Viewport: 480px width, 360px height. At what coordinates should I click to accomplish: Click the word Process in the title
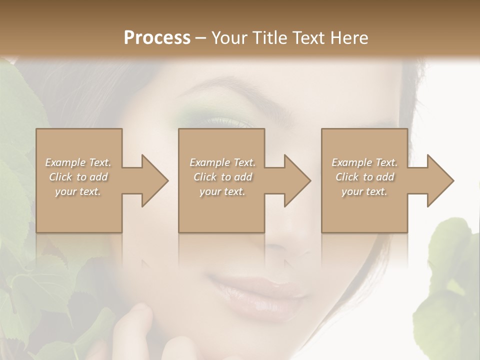tap(157, 37)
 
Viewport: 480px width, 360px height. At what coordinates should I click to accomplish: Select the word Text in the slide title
tap(308, 37)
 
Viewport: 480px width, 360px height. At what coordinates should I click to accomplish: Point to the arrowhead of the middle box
tap(297, 180)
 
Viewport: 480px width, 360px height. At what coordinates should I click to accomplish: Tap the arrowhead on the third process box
tap(440, 180)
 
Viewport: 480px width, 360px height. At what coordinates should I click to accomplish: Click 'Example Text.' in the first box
tap(78, 162)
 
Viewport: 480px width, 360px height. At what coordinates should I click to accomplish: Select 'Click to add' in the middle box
tap(222, 177)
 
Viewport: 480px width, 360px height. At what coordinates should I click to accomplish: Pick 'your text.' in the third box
tap(364, 191)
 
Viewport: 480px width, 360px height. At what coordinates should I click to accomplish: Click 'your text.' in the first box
tap(78, 191)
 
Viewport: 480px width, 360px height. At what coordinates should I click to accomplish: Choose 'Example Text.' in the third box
tap(364, 162)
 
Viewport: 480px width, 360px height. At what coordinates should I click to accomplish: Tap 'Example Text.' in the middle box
tap(222, 162)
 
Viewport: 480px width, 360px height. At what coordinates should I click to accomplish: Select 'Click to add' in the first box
tap(78, 177)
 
